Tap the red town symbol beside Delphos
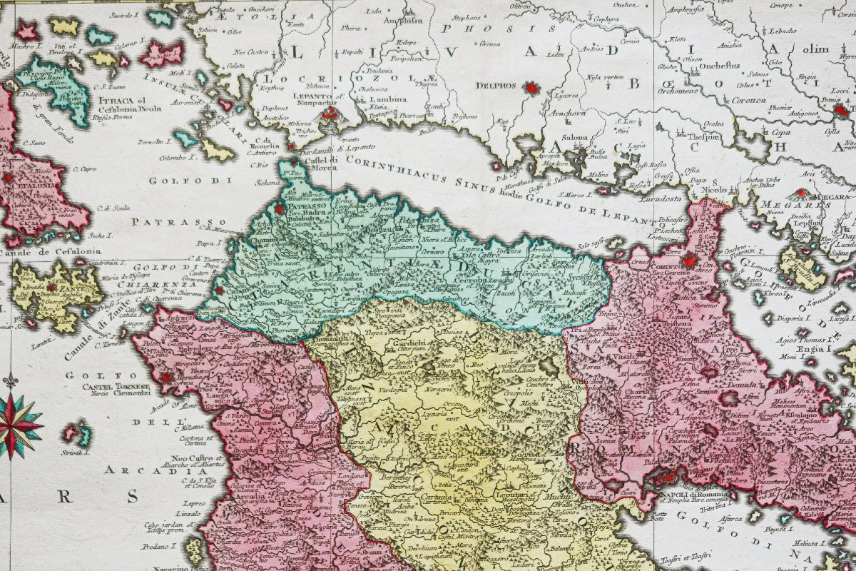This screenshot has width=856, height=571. (531, 88)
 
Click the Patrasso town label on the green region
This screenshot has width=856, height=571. (307, 206)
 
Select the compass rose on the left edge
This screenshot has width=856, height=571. (16, 425)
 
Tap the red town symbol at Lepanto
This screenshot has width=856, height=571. (329, 113)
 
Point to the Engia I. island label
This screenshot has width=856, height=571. (815, 350)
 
